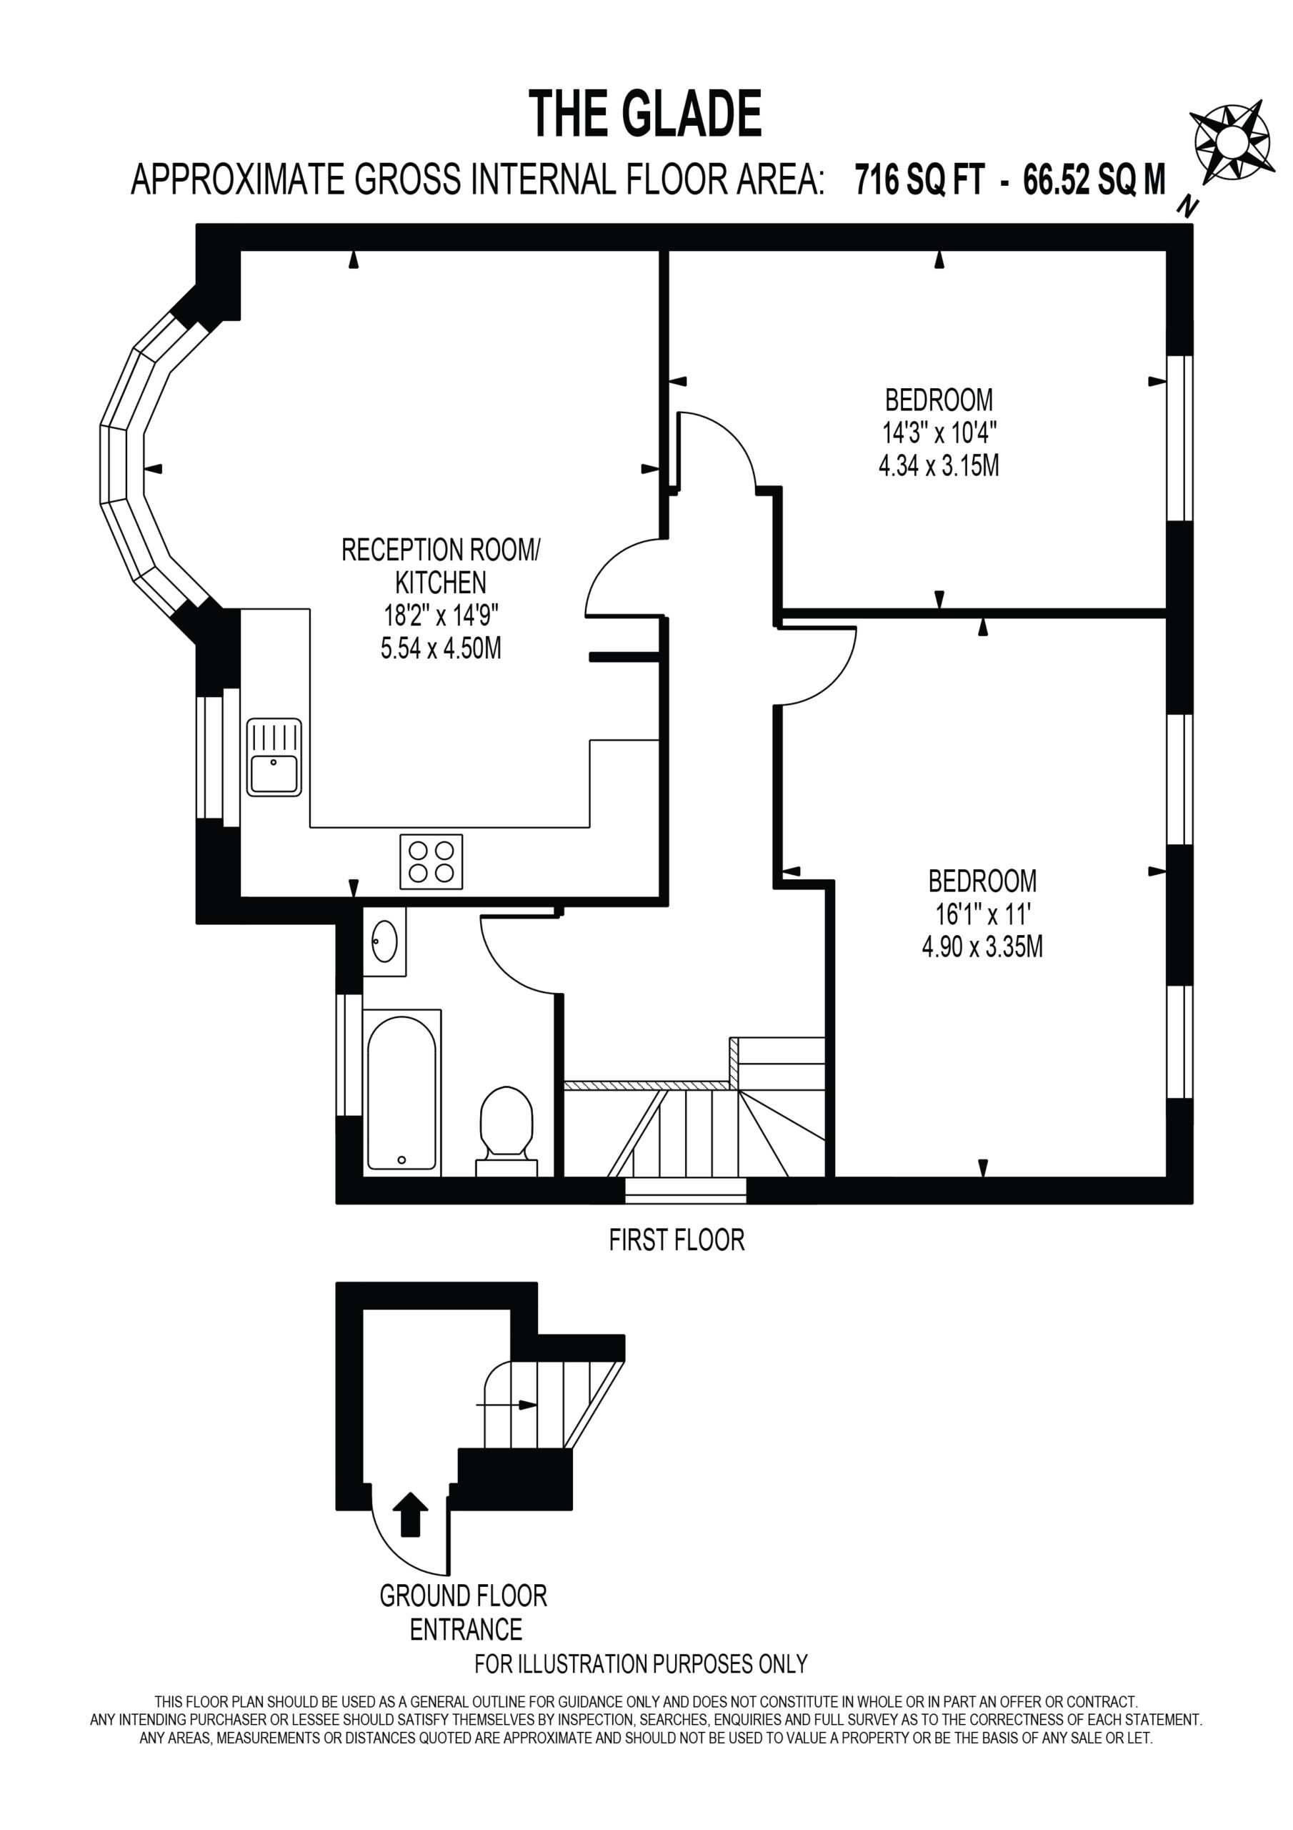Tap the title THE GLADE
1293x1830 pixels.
645,114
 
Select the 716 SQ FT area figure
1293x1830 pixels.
920,179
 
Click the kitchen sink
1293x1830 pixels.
274,757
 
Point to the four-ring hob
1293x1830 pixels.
431,861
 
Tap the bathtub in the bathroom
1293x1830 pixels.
401,1093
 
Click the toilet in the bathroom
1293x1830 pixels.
506,1131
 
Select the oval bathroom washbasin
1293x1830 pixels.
385,941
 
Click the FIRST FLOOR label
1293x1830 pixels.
677,1240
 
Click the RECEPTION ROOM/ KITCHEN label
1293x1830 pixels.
441,566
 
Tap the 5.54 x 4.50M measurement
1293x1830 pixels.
441,648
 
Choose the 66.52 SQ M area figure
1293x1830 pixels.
1094,179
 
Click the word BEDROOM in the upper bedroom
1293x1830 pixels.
939,400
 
